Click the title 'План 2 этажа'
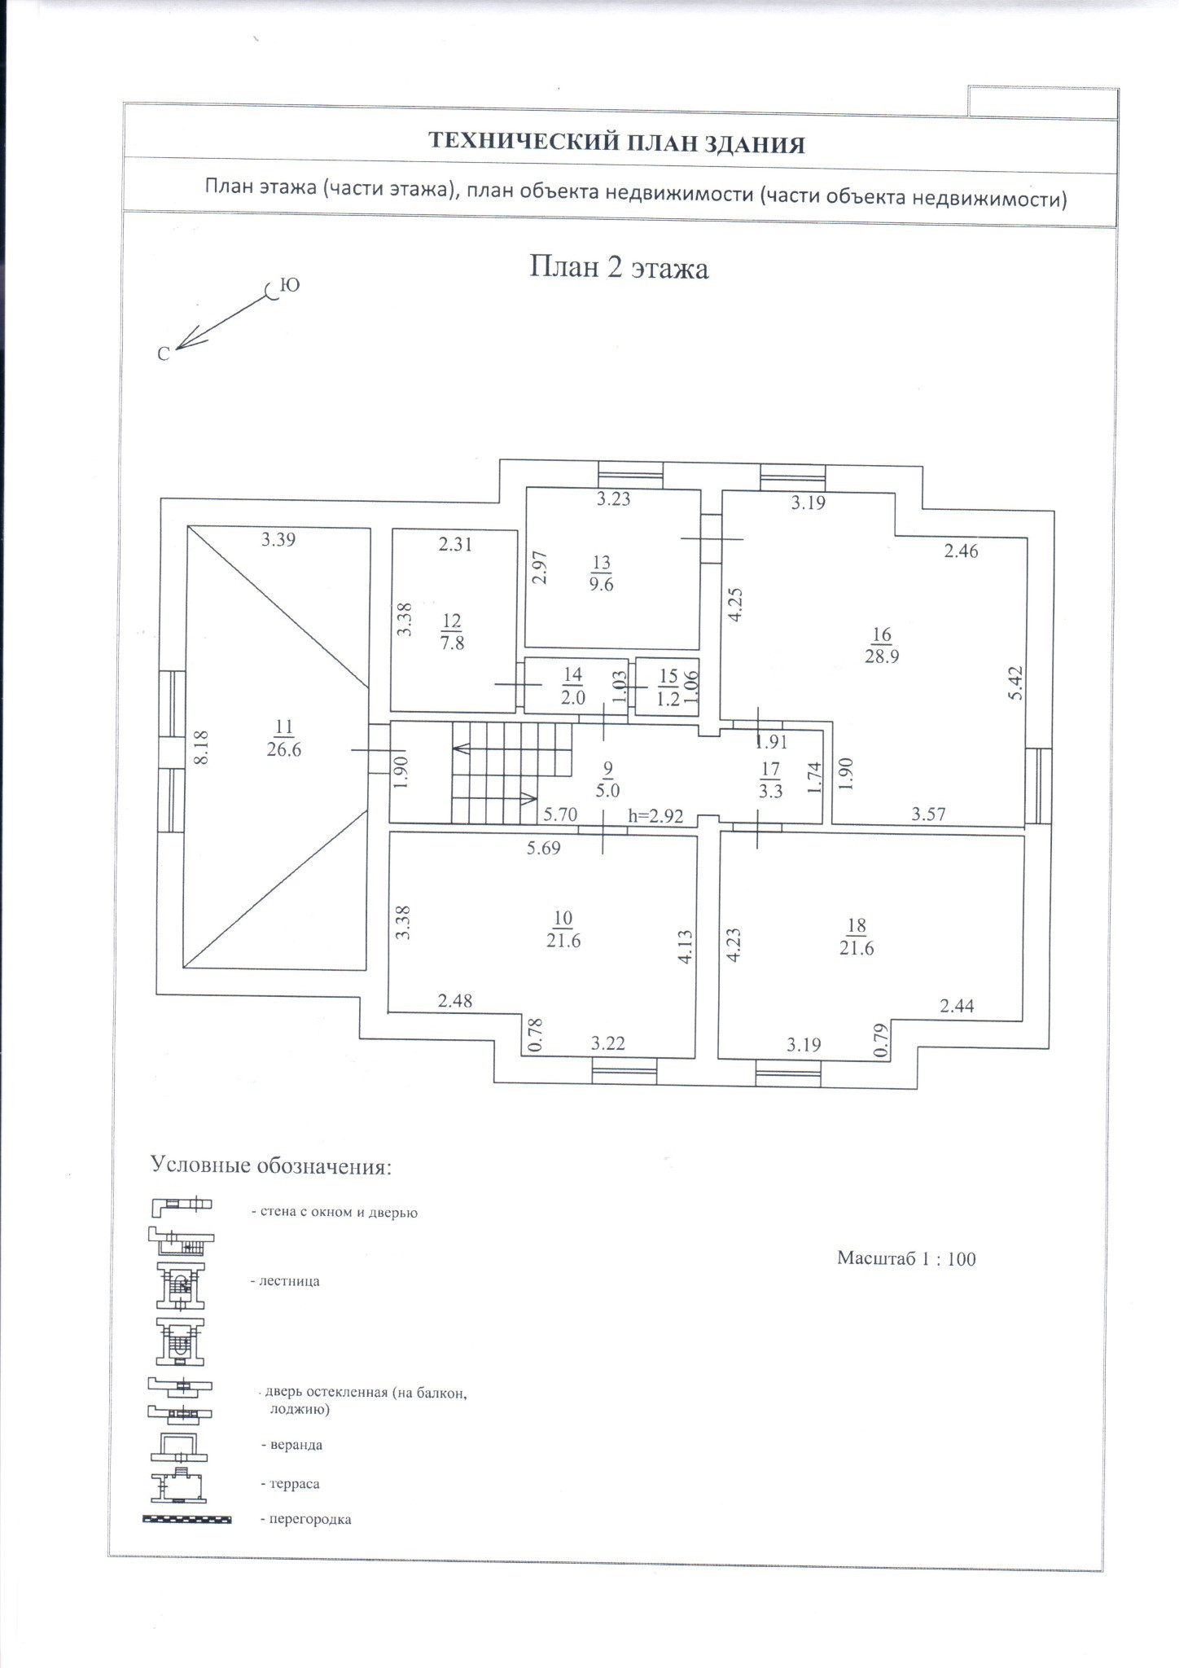coord(619,267)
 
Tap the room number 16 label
coord(882,634)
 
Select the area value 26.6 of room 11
coord(283,750)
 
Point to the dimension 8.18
coord(202,746)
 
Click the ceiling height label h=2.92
coord(655,816)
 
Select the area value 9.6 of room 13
coord(601,585)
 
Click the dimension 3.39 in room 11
coord(278,539)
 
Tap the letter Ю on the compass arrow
coord(289,285)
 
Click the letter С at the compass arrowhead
coord(164,354)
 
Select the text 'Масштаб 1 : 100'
coord(905,1258)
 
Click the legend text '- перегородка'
coord(306,1520)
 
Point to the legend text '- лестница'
coord(285,1281)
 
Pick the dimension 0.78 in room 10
coord(535,1034)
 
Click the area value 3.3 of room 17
coord(770,790)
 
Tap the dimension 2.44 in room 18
coord(957,1007)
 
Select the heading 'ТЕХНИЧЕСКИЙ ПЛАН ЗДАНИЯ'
coord(616,144)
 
